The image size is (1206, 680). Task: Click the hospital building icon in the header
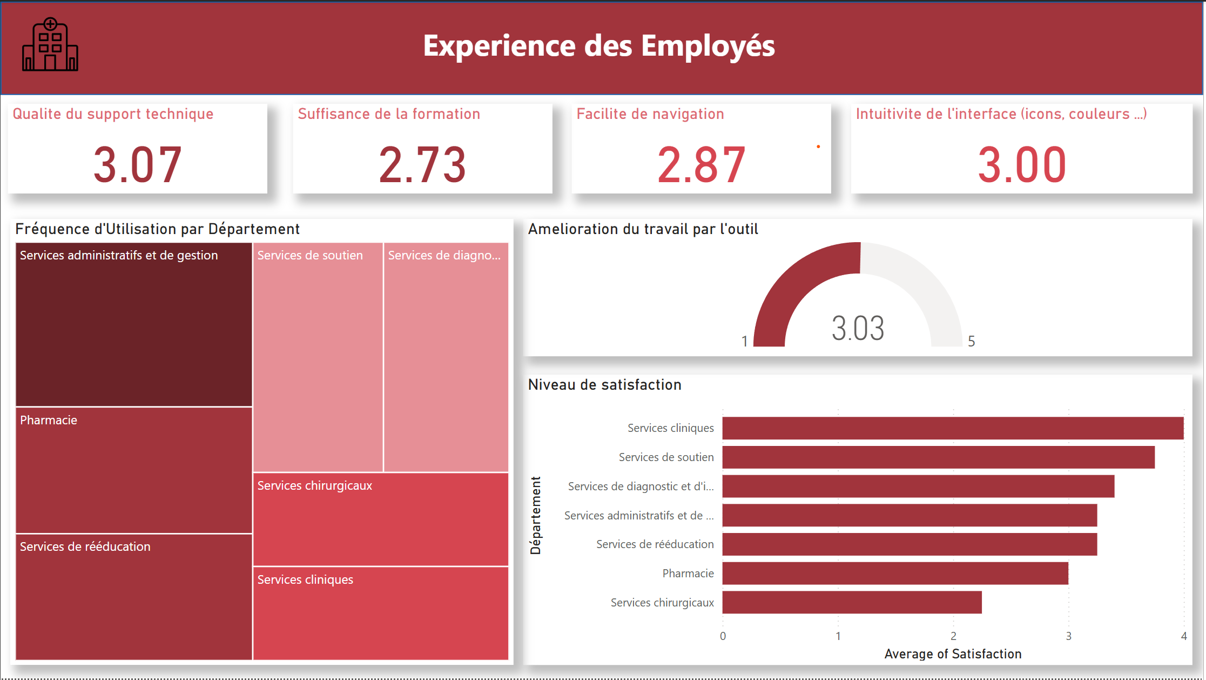(50, 45)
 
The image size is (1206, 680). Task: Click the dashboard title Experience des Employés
(598, 46)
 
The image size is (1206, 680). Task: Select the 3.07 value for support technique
(137, 164)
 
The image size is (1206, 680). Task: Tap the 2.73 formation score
(422, 164)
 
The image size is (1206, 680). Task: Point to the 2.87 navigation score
(701, 164)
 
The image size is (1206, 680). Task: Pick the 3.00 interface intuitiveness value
(1022, 164)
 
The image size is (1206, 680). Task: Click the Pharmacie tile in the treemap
(134, 470)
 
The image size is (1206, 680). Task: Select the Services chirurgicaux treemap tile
(381, 519)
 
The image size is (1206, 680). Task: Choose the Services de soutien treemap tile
(318, 357)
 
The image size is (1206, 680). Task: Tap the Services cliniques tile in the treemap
(381, 614)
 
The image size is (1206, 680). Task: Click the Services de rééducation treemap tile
(134, 597)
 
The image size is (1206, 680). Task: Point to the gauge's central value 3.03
(858, 328)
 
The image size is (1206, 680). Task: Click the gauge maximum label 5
(971, 342)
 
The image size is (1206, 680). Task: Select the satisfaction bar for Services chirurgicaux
(852, 602)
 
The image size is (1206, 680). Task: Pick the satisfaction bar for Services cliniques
(953, 428)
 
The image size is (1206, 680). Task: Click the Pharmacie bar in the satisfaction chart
(895, 573)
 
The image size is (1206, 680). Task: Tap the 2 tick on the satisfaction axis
(953, 636)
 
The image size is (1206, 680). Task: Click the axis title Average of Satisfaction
(953, 654)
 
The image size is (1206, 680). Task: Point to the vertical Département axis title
(535, 515)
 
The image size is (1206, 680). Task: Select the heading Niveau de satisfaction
(604, 385)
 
